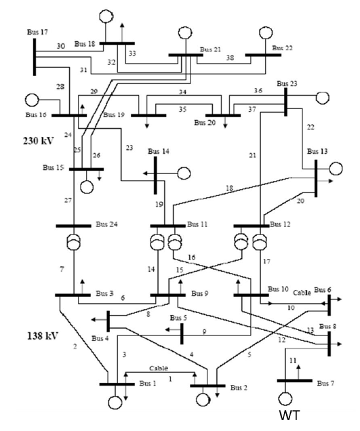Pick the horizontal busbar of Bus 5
(x=182, y=333)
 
